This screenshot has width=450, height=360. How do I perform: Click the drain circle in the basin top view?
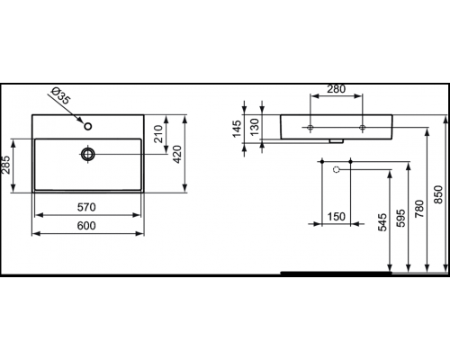(x=87, y=155)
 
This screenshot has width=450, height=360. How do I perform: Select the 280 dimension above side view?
(x=337, y=90)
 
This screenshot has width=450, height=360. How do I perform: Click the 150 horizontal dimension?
(x=337, y=215)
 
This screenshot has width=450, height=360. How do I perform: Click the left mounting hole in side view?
(x=310, y=129)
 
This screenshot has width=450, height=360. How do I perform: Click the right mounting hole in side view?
(x=362, y=129)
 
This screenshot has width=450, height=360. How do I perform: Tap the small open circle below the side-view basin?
(x=336, y=168)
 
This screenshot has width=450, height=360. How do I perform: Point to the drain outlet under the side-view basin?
(x=337, y=139)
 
